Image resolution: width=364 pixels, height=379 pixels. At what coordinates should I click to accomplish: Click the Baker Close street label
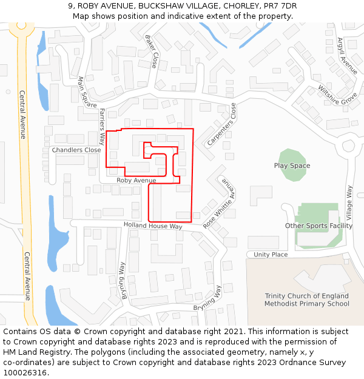(x=151, y=51)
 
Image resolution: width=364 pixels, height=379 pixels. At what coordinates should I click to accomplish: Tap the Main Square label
(x=87, y=92)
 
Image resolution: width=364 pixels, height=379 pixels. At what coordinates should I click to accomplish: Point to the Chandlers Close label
(x=76, y=150)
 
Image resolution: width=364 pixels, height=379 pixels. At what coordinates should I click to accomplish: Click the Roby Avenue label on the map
(x=136, y=180)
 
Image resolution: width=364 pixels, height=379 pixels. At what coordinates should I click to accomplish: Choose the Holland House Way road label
(x=153, y=226)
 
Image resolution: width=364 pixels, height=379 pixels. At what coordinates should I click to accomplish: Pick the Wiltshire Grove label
(x=338, y=95)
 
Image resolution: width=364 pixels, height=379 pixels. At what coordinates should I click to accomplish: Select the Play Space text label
(x=292, y=166)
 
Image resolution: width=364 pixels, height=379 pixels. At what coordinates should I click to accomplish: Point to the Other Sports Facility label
(x=318, y=226)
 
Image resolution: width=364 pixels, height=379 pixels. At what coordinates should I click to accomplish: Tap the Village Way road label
(x=349, y=203)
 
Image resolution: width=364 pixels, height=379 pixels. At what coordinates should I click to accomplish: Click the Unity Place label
(x=271, y=255)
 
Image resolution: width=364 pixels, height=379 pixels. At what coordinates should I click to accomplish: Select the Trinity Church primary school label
(x=307, y=300)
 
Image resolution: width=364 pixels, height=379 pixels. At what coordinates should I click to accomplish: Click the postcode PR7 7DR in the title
(x=281, y=6)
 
